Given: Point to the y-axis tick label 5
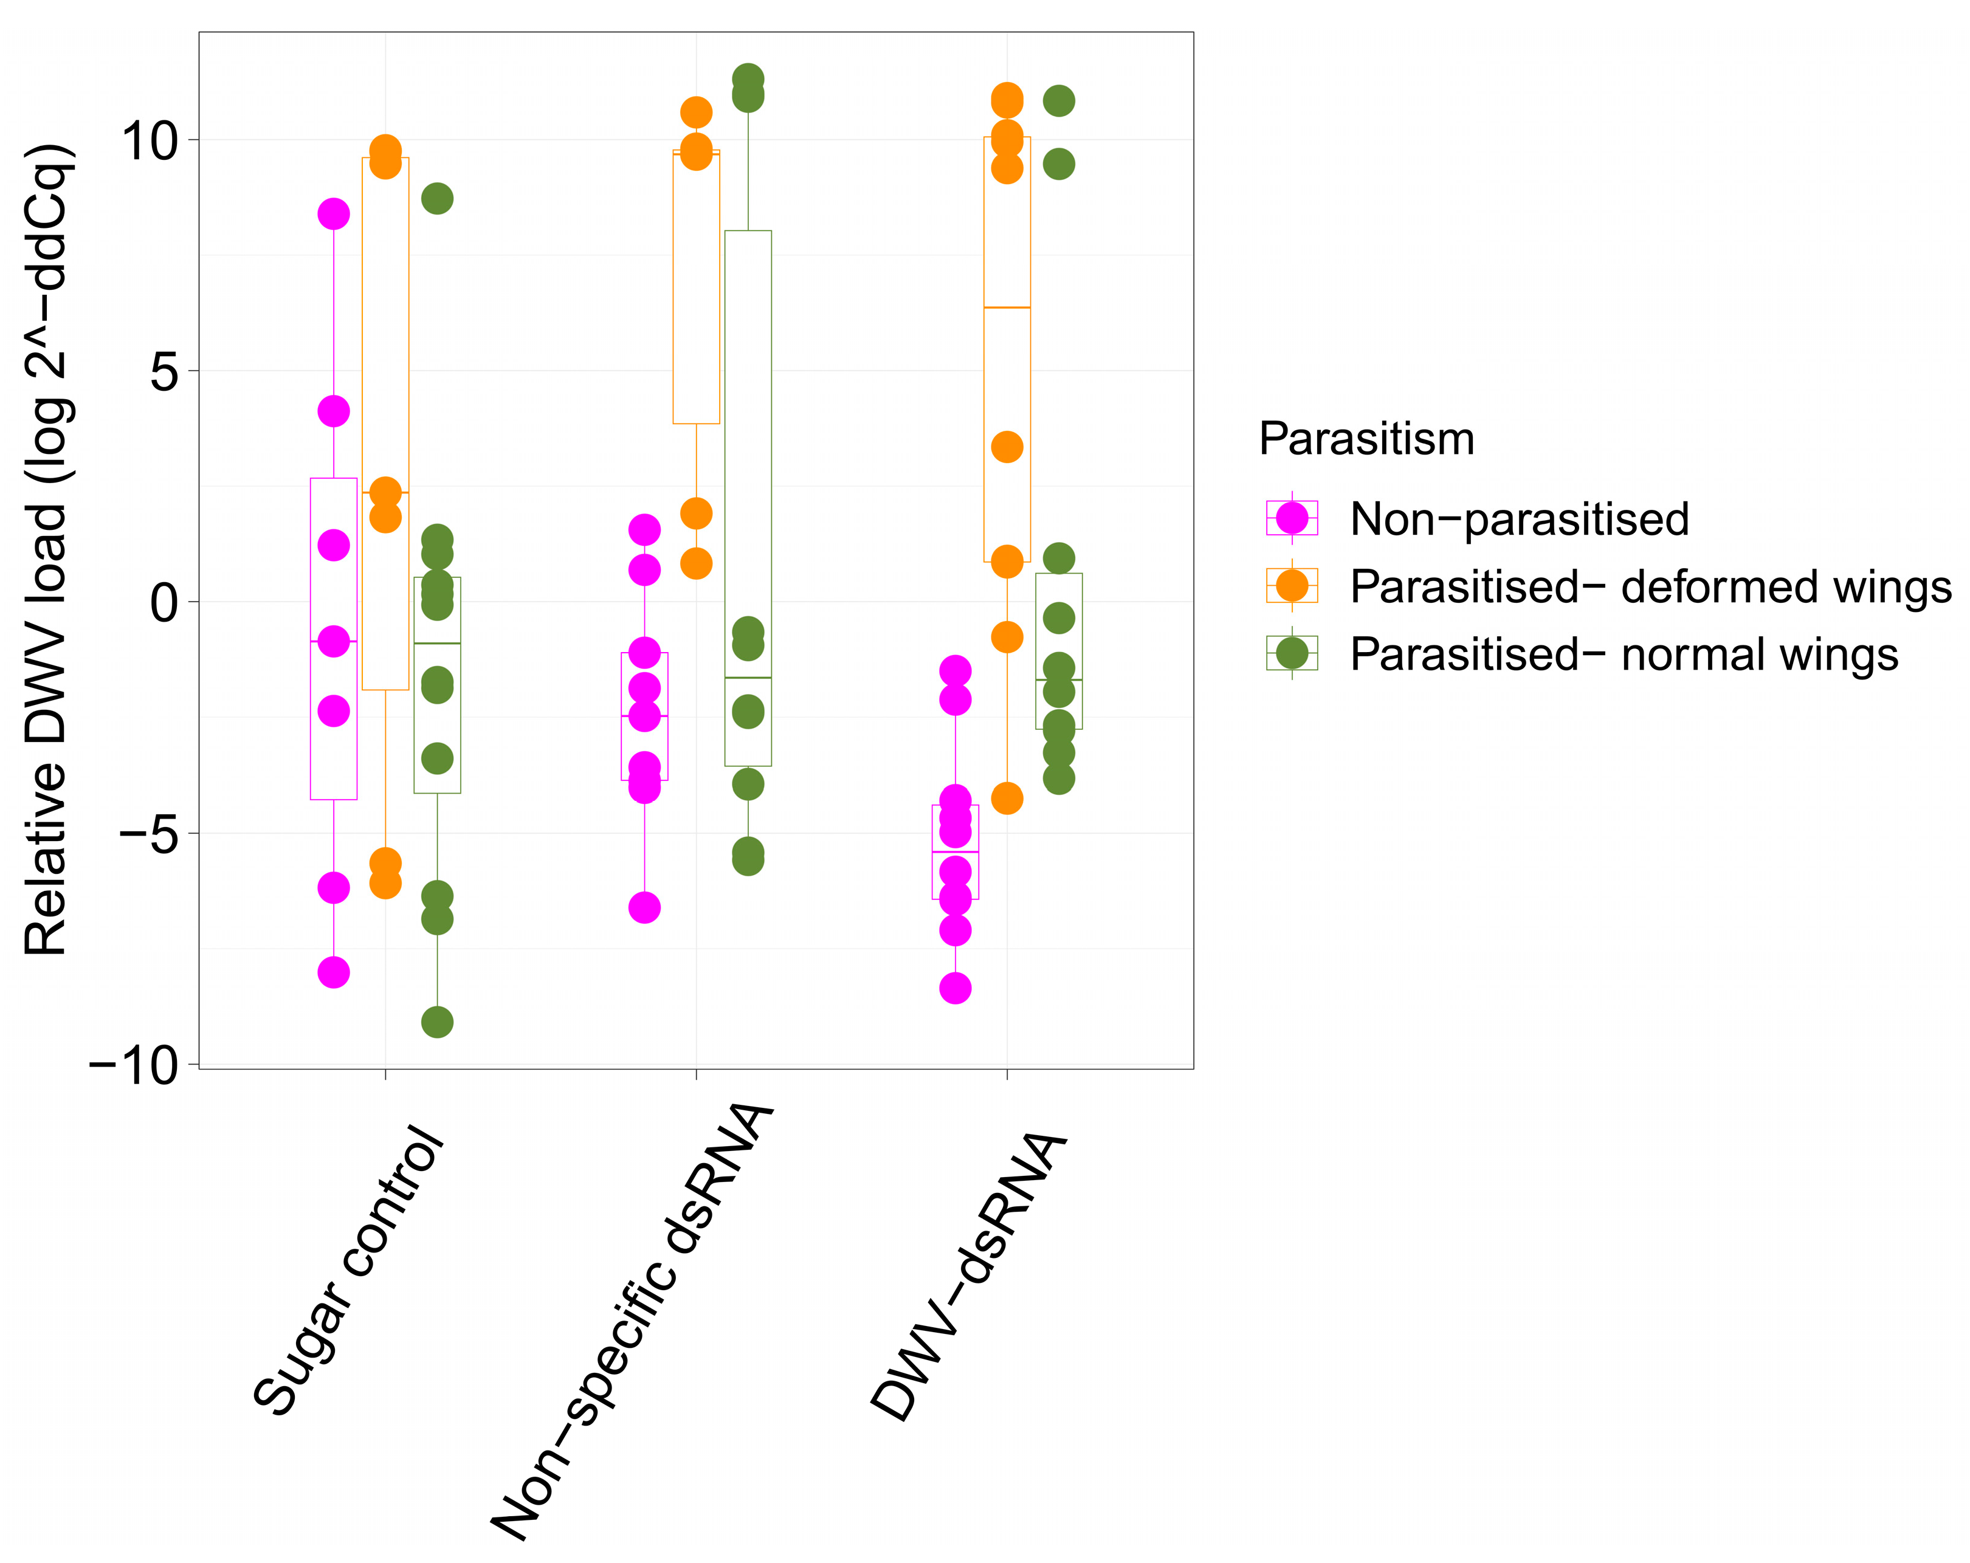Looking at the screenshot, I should point(165,372).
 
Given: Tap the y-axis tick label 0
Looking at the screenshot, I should point(165,603).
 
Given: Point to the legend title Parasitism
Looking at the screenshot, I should point(1366,439).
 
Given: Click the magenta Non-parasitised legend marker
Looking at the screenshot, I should point(1291,518).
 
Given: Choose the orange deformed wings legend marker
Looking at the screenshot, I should point(1291,586).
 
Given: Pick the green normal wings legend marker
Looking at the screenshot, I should point(1291,653).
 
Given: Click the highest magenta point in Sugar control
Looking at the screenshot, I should point(334,214).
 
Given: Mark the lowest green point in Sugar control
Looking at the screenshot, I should point(437,1022).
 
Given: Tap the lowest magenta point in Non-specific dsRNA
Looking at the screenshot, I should point(644,908).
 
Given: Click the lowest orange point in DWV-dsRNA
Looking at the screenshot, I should point(1007,799).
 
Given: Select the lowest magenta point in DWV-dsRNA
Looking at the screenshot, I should point(955,988).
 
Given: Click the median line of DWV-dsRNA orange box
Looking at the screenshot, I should point(1007,308).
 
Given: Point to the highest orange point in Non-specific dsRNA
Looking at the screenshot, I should point(696,112).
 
